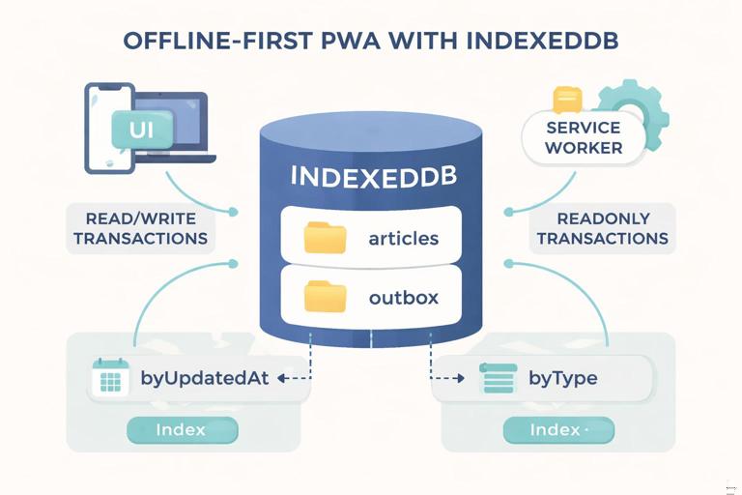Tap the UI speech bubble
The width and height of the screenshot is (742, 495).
[x=142, y=128]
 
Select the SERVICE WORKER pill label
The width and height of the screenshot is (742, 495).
[x=584, y=138]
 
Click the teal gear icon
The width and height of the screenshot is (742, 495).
[x=630, y=112]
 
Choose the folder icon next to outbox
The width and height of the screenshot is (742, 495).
[x=325, y=297]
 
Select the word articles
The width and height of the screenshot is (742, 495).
[x=404, y=239]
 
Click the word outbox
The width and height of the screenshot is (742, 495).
[x=403, y=298]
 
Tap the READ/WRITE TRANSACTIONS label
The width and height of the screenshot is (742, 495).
[x=140, y=229]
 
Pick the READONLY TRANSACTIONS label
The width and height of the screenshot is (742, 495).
[x=602, y=229]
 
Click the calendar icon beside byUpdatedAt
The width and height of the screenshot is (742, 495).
[x=110, y=379]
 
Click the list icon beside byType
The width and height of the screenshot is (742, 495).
[x=498, y=379]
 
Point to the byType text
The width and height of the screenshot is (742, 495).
[x=562, y=378]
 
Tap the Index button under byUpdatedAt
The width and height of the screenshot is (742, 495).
[x=182, y=429]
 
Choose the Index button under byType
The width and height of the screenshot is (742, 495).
[x=557, y=429]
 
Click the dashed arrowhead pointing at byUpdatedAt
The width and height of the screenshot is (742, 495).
[x=281, y=379]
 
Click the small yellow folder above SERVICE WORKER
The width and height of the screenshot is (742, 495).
[x=567, y=100]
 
